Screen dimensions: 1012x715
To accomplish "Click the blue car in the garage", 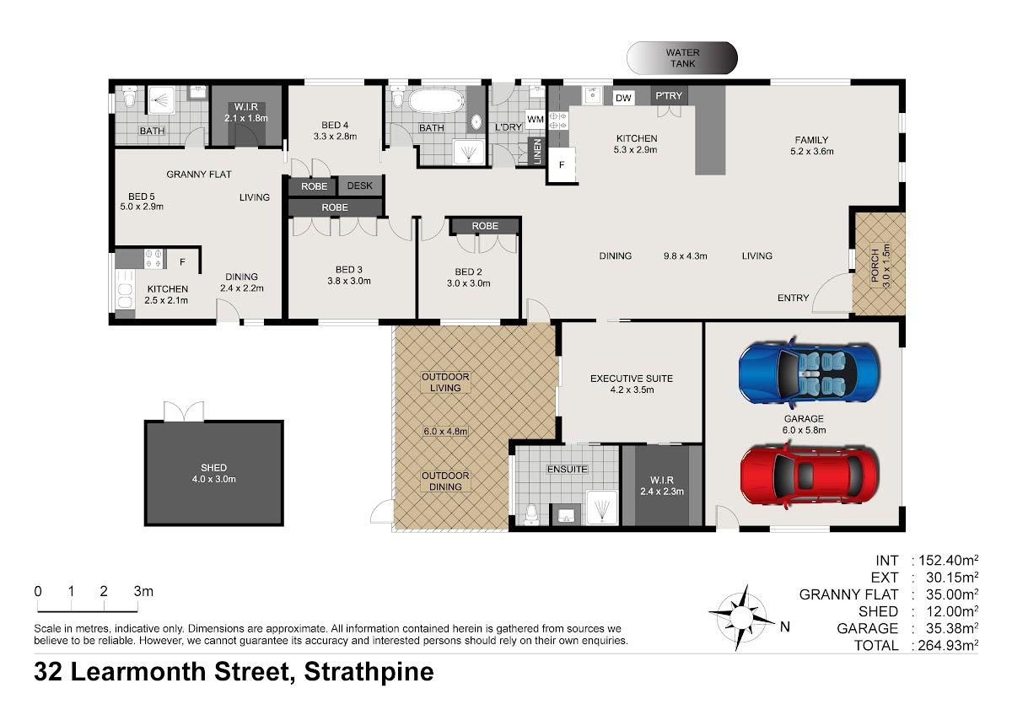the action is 809,372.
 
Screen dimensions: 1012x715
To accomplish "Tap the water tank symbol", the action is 681,58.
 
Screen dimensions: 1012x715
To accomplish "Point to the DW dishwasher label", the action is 623,98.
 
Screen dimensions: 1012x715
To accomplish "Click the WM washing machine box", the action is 536,119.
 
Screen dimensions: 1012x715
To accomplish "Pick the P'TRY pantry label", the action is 669,96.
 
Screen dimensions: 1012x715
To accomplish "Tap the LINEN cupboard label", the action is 537,151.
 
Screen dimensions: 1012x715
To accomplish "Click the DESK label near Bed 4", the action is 359,185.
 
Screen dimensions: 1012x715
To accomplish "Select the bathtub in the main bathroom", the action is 436,100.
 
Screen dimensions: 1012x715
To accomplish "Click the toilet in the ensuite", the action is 531,514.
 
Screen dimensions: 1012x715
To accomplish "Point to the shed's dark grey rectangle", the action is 213,473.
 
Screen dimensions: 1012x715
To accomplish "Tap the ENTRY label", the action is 793,298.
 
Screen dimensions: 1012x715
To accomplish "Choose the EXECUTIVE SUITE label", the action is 631,379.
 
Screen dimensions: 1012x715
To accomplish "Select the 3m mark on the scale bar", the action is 143,591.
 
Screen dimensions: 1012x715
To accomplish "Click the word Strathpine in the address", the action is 369,672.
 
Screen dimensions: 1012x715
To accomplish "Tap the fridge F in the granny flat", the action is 182,262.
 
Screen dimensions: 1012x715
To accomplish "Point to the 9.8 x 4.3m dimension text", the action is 685,256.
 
